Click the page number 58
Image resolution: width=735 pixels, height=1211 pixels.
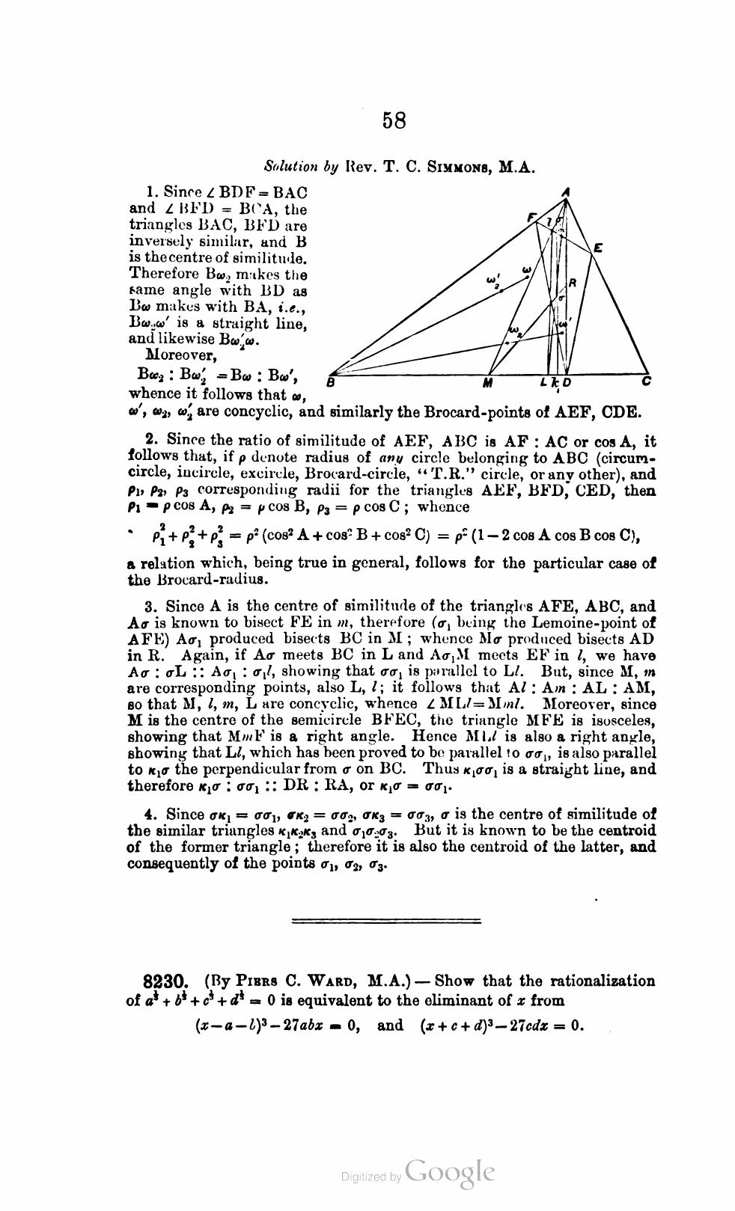coord(394,120)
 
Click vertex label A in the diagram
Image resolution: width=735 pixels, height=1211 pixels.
coord(567,191)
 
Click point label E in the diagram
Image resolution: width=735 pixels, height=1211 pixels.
coord(597,248)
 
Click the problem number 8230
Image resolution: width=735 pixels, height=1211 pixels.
coord(168,981)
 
